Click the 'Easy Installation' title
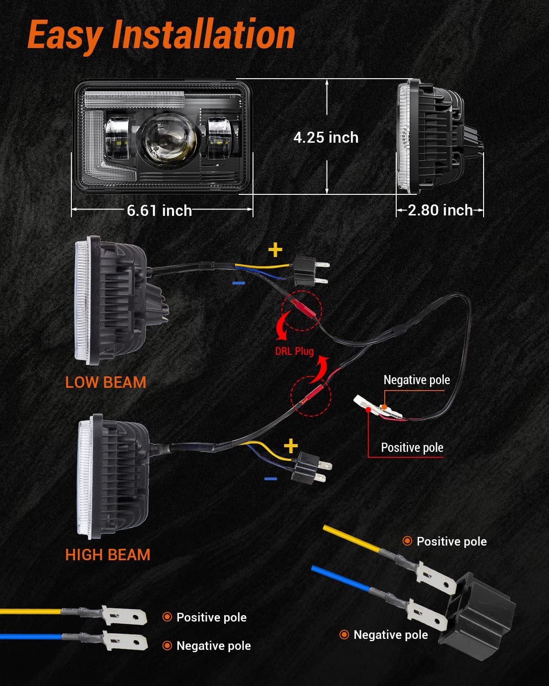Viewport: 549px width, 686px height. pyautogui.click(x=161, y=35)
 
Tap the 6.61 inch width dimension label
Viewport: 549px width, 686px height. pyautogui.click(x=159, y=210)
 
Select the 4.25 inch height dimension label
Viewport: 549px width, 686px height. pyautogui.click(x=326, y=137)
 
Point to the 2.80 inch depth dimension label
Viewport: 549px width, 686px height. pyautogui.click(x=440, y=210)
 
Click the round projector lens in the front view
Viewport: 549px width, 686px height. pyautogui.click(x=168, y=139)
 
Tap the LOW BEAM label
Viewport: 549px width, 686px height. pyautogui.click(x=106, y=382)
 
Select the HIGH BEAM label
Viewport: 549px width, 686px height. pyautogui.click(x=108, y=555)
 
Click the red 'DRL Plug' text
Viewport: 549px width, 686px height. pyautogui.click(x=294, y=351)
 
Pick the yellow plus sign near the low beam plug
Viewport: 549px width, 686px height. pyautogui.click(x=275, y=250)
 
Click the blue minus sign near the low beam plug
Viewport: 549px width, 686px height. pyautogui.click(x=239, y=284)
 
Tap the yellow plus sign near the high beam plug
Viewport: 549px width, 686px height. pyautogui.click(x=291, y=445)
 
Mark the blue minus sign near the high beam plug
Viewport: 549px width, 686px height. pyautogui.click(x=271, y=479)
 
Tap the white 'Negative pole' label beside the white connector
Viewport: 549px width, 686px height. pyautogui.click(x=416, y=380)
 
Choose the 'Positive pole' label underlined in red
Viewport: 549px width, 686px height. pyautogui.click(x=412, y=447)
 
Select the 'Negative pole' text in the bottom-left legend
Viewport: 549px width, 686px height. pyautogui.click(x=213, y=646)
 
